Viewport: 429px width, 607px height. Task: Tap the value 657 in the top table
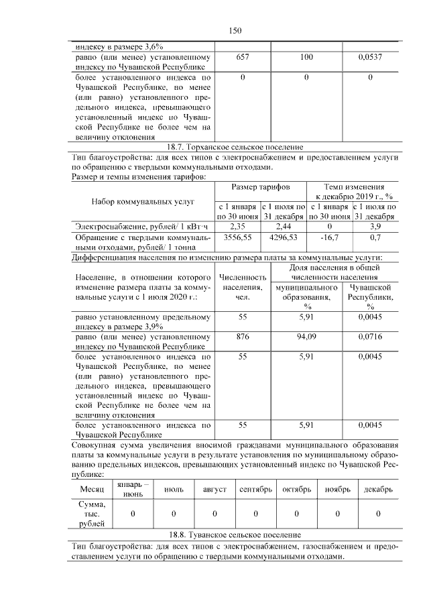click(x=243, y=58)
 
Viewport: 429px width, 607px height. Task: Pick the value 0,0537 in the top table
click(x=371, y=58)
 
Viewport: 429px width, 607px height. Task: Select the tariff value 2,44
click(x=283, y=227)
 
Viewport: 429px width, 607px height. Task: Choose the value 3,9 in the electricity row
click(x=375, y=227)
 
